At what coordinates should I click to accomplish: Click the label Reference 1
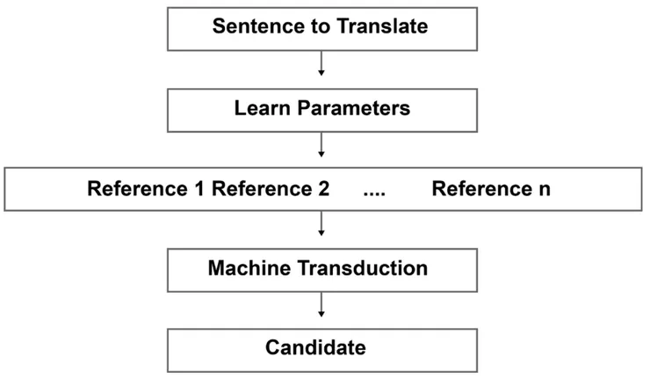(x=146, y=190)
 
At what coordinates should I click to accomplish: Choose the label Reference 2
(x=271, y=190)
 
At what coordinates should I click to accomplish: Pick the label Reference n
(x=491, y=190)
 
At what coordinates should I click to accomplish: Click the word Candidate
(x=315, y=347)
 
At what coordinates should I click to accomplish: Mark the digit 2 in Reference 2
(x=324, y=190)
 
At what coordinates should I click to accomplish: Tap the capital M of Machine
(x=217, y=267)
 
